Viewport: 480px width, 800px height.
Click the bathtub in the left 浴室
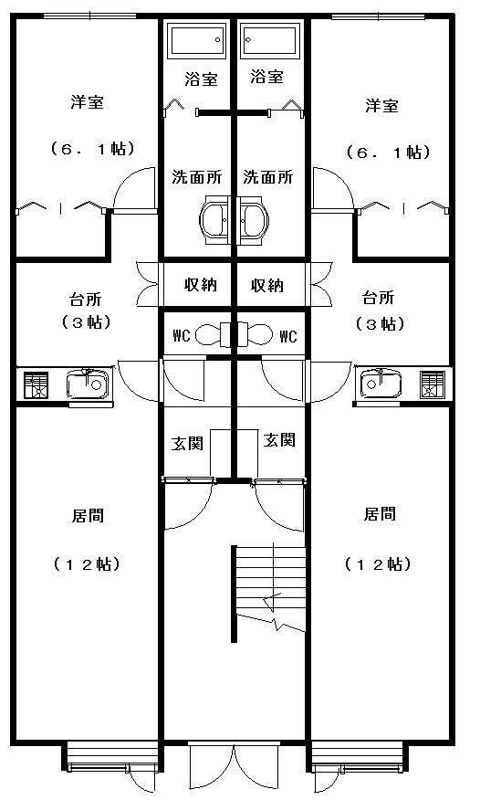click(x=197, y=40)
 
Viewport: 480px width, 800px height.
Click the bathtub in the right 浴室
click(x=269, y=39)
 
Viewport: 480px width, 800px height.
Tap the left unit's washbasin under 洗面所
click(x=215, y=220)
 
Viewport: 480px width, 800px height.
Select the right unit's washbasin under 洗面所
click(x=254, y=220)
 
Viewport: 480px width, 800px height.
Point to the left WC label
click(x=182, y=336)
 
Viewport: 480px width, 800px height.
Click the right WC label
click(x=287, y=336)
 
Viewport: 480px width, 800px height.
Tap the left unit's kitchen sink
click(x=88, y=384)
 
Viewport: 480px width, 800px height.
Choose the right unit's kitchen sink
click(x=381, y=384)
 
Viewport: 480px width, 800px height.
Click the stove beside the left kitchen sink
click(x=37, y=385)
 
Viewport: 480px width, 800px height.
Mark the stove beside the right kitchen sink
click(x=433, y=384)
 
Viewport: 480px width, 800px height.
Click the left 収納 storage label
click(x=201, y=284)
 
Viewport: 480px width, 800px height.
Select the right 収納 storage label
click(x=267, y=285)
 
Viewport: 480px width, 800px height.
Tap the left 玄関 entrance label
click(x=187, y=443)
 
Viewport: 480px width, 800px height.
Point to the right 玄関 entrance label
click(x=279, y=439)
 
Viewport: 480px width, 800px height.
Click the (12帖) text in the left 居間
click(x=87, y=563)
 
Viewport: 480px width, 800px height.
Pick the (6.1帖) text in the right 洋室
click(x=388, y=152)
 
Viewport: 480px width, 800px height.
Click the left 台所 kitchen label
click(x=85, y=299)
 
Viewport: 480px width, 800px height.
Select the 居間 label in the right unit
click(x=380, y=513)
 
